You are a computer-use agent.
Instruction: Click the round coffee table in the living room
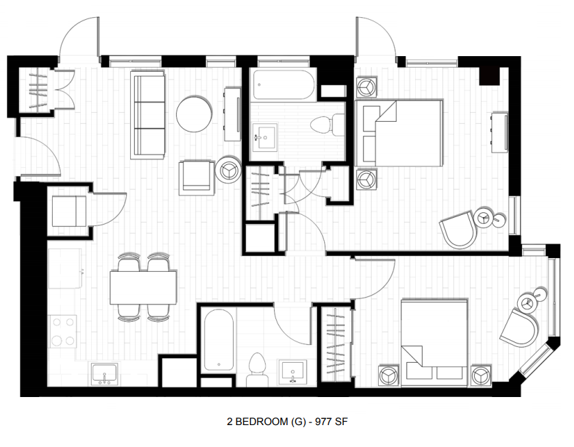click(x=194, y=114)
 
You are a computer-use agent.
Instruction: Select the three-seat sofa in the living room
click(x=149, y=116)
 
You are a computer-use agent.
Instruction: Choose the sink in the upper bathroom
click(x=264, y=137)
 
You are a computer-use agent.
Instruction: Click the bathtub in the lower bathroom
click(x=217, y=340)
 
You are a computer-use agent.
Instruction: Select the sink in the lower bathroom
click(x=295, y=372)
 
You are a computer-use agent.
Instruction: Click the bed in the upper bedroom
click(x=399, y=133)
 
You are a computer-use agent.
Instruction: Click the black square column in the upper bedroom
click(x=489, y=75)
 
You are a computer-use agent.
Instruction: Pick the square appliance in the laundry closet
click(x=69, y=211)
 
